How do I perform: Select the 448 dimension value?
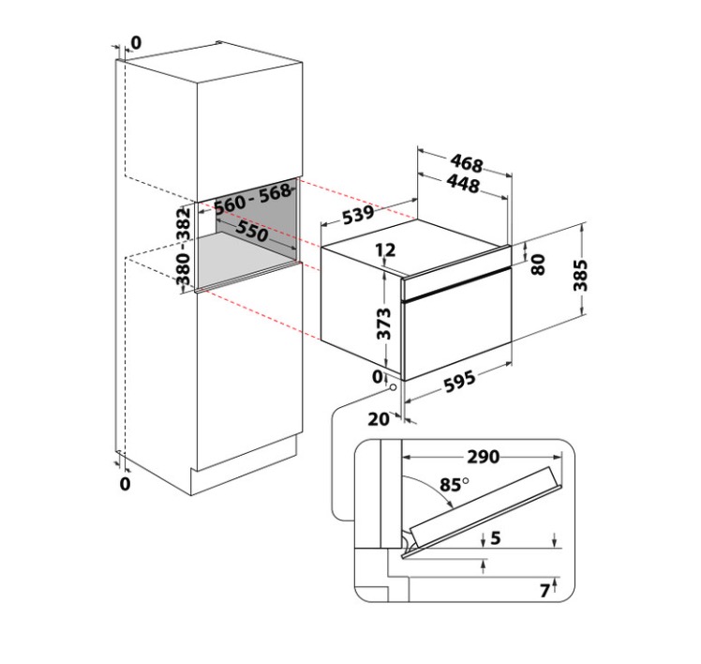coord(463,186)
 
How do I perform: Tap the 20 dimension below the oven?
coord(378,419)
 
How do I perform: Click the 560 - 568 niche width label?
coord(252,199)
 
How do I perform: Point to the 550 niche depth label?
coord(252,232)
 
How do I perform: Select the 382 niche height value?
coord(184,225)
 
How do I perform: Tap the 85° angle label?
coord(455,486)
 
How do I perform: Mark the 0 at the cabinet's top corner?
coord(136,42)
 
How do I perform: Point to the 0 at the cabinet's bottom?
coord(125,483)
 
